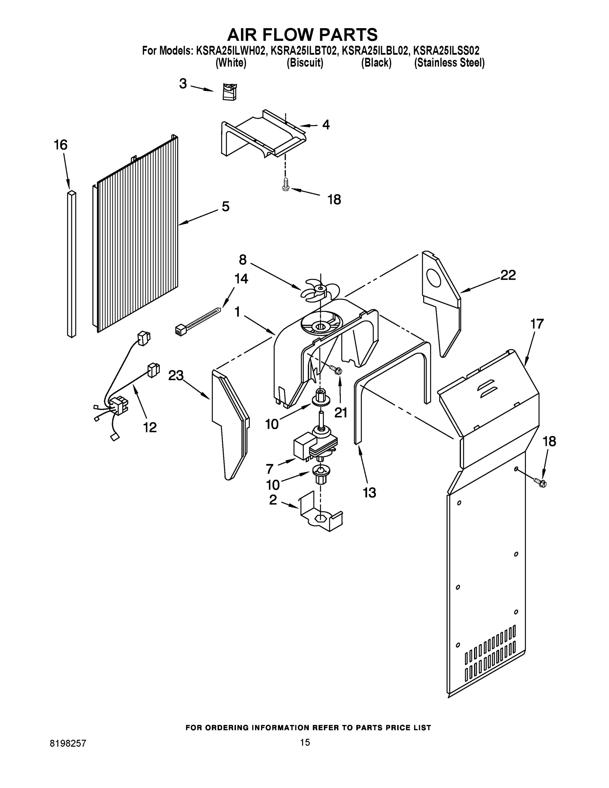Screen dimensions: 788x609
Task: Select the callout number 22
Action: pyautogui.click(x=508, y=275)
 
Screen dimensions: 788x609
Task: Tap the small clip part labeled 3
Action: pyautogui.click(x=229, y=92)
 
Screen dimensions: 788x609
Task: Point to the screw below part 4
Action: pyautogui.click(x=286, y=185)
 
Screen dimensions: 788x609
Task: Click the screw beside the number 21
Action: pyautogui.click(x=336, y=369)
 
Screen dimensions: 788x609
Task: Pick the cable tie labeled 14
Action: pyautogui.click(x=198, y=321)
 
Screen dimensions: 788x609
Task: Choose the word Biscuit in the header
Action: pyautogui.click(x=305, y=63)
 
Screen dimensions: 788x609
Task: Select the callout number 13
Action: pyautogui.click(x=369, y=492)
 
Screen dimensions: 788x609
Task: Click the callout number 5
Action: pyautogui.click(x=225, y=207)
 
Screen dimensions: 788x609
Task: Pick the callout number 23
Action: pyautogui.click(x=176, y=376)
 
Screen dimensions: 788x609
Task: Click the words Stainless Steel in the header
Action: pyautogui.click(x=449, y=63)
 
